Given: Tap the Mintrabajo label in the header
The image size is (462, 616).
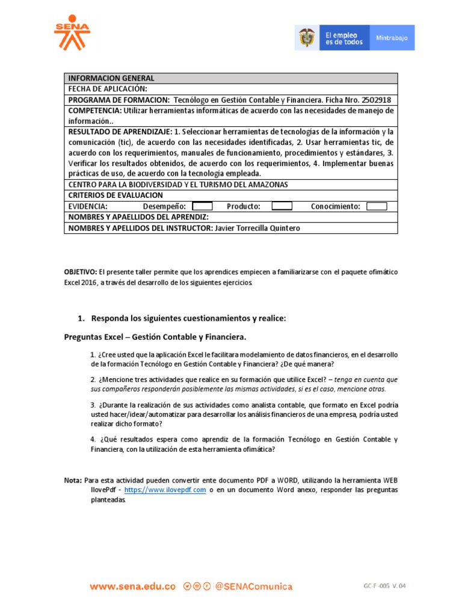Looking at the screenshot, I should tap(392, 38).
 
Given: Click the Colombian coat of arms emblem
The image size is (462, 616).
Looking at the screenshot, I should tap(306, 38).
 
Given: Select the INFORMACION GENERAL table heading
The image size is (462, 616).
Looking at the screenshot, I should tap(111, 78).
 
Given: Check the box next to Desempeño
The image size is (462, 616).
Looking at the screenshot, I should tap(202, 206).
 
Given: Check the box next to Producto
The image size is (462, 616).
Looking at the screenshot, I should tap(282, 206).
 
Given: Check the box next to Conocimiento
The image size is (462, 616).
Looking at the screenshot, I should tap(377, 206).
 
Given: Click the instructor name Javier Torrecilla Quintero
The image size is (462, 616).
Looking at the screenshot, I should tap(257, 228).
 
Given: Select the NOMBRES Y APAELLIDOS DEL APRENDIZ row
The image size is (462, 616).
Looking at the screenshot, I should tap(138, 217).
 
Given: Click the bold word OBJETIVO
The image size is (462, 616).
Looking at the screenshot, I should tap(81, 272).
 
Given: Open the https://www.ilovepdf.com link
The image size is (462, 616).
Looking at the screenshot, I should tap(165, 490).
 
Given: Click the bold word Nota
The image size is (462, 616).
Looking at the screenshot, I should tap(73, 481).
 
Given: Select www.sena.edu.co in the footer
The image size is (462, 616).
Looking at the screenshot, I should tap(133, 586).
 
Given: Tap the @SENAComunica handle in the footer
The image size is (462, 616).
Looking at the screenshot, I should tap(253, 586).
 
